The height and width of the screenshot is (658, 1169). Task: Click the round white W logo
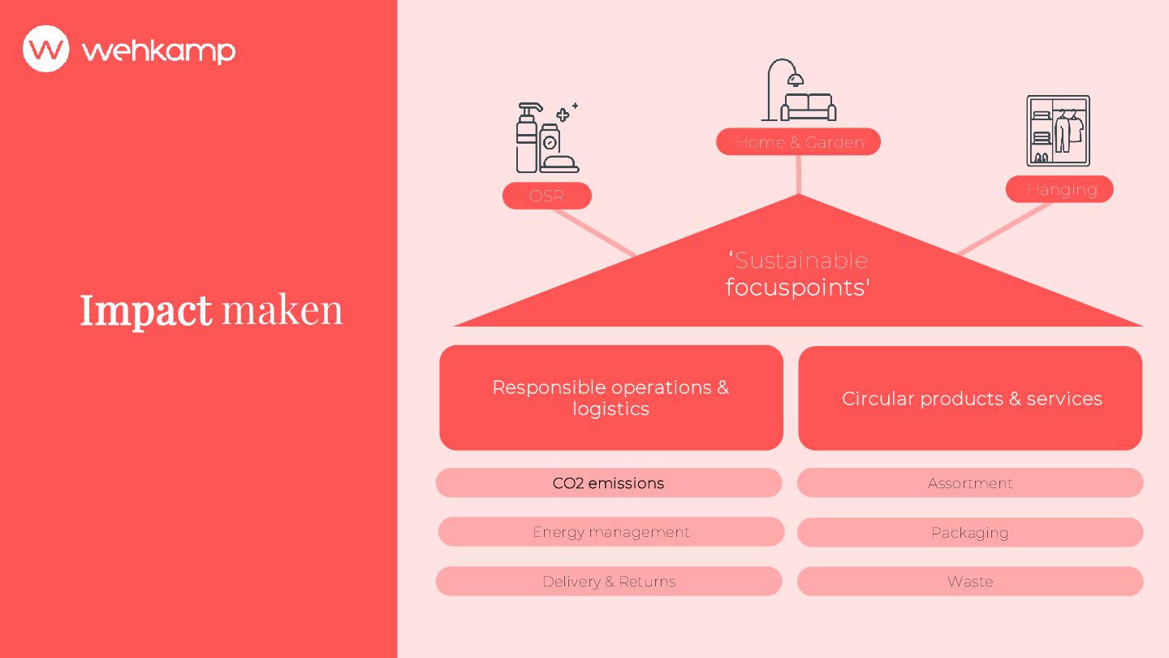click(x=46, y=49)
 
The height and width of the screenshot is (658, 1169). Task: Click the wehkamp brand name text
click(x=158, y=50)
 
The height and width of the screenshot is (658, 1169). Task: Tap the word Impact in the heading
click(x=146, y=310)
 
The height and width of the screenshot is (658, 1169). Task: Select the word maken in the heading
click(x=283, y=310)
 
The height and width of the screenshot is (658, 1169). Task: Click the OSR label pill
click(x=546, y=196)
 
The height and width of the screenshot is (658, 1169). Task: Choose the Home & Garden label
click(x=798, y=142)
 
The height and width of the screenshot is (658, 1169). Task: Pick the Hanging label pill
click(x=1059, y=189)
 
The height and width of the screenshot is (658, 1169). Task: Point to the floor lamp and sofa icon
click(x=799, y=90)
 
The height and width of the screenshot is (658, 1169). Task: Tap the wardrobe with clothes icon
click(x=1058, y=131)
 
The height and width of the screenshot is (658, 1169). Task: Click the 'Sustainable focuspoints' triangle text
click(x=798, y=274)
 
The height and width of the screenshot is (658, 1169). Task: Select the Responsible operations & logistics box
click(x=610, y=398)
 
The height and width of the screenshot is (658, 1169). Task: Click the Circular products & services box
click(x=970, y=398)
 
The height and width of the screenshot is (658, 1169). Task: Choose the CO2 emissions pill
click(x=609, y=483)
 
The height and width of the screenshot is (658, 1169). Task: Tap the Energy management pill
click(x=610, y=532)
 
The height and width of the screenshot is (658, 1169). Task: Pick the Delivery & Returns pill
click(x=609, y=582)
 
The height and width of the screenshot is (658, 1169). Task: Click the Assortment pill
click(x=970, y=483)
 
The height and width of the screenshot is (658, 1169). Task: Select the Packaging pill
click(x=970, y=533)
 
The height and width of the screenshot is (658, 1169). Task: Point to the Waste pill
click(x=970, y=582)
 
